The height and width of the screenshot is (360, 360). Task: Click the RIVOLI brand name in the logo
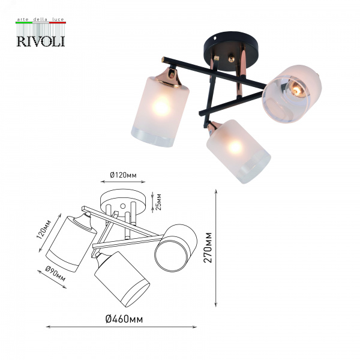41,41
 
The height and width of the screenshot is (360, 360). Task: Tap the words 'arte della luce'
41,19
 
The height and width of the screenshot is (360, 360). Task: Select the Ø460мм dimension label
124,319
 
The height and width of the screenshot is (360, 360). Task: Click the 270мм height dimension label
208,247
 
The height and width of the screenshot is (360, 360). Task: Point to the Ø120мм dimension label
123,175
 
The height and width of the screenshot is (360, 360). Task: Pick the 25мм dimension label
158,202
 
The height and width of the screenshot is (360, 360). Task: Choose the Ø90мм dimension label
55,274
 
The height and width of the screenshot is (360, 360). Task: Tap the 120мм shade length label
44,229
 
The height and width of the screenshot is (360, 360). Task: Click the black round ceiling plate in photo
231,51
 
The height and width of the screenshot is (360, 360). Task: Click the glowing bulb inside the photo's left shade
161,106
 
